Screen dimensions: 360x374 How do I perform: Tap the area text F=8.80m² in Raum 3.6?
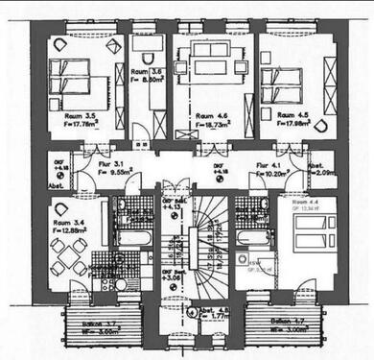141,81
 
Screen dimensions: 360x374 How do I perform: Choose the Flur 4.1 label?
262,165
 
